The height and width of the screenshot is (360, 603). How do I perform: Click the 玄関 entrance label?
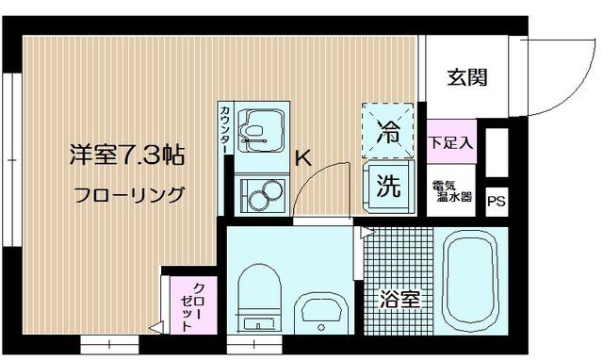(x=467, y=78)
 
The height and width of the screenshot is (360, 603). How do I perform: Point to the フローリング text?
(x=129, y=196)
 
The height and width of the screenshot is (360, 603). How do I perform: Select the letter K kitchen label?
(x=303, y=158)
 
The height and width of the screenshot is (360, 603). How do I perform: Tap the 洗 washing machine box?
(x=386, y=183)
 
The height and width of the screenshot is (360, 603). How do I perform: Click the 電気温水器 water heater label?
(x=450, y=191)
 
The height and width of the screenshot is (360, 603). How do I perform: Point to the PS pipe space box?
(x=496, y=201)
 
